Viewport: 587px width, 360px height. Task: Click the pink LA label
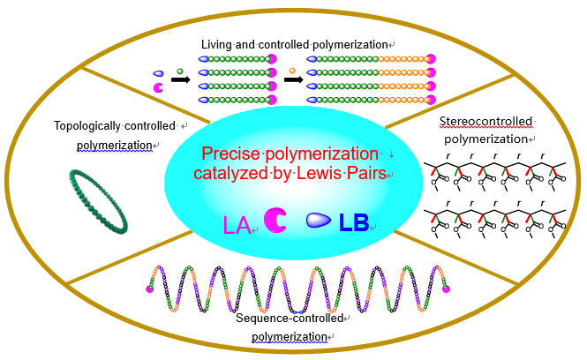(x=237, y=225)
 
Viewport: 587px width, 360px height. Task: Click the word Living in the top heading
(x=217, y=44)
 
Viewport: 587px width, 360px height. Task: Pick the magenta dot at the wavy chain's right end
(x=446, y=288)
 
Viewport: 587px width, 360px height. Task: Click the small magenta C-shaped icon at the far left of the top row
(x=158, y=88)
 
